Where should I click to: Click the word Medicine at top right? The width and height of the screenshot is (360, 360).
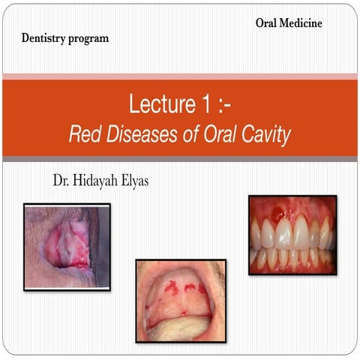coord(303,23)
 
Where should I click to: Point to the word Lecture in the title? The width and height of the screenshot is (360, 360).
coord(157,104)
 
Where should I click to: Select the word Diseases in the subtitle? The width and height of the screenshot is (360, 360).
coord(138,136)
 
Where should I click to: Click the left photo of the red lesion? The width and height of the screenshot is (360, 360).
coord(66,246)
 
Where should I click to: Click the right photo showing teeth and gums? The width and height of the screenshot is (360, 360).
coord(292,235)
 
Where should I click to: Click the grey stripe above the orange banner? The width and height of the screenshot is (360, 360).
coord(180,76)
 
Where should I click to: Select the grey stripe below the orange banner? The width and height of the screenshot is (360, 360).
coord(180,159)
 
